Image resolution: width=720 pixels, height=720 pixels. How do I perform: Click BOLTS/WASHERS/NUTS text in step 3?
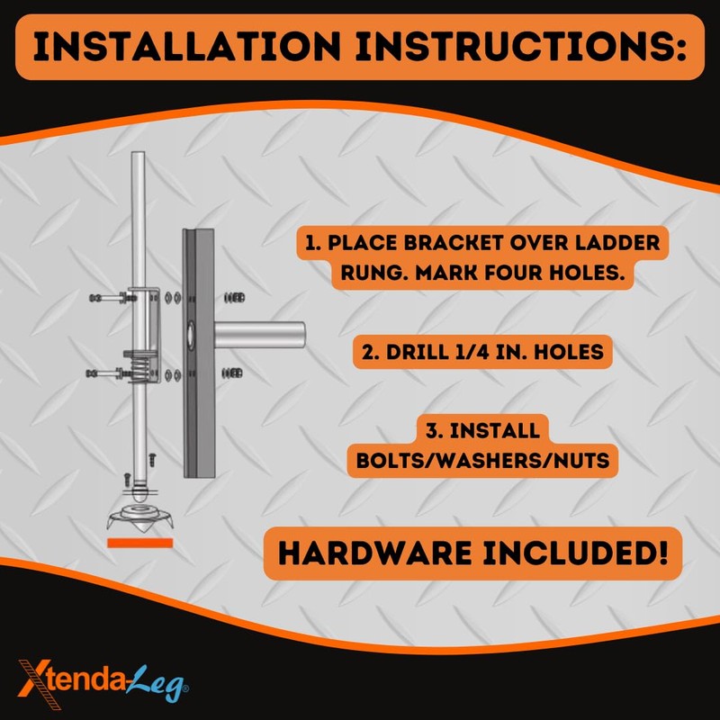(x=488, y=459)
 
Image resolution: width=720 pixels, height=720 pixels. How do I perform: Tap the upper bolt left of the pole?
(x=103, y=297)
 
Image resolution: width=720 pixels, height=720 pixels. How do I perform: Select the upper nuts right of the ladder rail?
(x=231, y=296)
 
